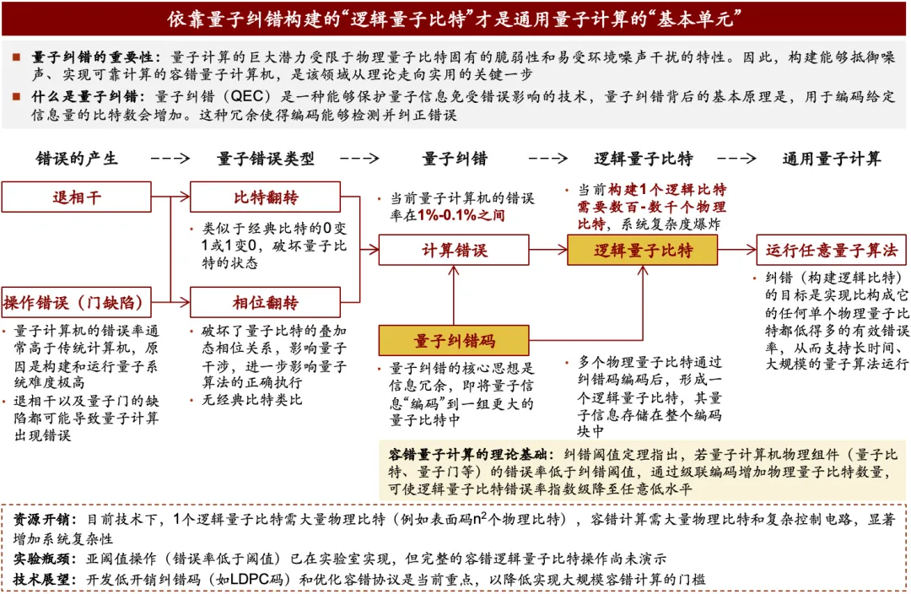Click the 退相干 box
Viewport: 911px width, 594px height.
tap(77, 197)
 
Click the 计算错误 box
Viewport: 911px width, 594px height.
tap(455, 251)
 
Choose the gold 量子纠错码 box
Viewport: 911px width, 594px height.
tap(455, 341)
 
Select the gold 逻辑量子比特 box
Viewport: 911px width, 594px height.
tap(643, 251)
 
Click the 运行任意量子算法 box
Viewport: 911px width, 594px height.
tap(832, 251)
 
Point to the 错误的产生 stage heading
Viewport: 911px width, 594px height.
tap(77, 159)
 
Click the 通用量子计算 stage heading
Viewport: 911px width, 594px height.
tap(832, 159)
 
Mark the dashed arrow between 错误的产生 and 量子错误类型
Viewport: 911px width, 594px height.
tap(170, 159)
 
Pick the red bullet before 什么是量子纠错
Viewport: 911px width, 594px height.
tap(17, 96)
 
